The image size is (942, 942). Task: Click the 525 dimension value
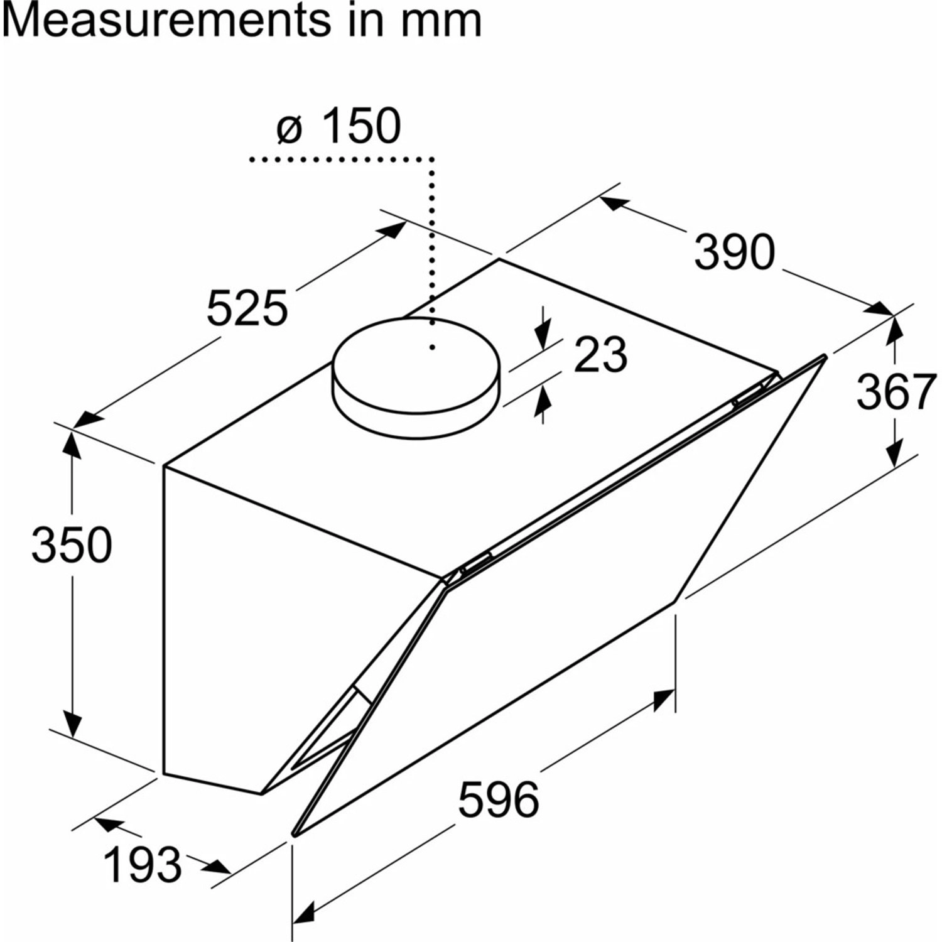(247, 308)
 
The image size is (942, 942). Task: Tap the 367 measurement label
(895, 392)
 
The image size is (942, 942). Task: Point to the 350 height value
(72, 544)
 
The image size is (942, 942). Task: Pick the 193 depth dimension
(143, 865)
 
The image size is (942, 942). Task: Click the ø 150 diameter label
(338, 126)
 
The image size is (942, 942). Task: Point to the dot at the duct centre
(433, 347)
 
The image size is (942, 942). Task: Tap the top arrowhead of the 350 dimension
(72, 444)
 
